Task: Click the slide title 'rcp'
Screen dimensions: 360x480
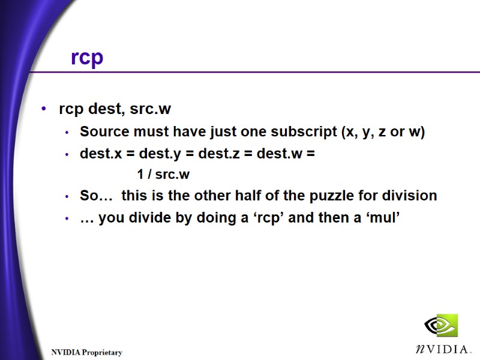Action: (x=87, y=58)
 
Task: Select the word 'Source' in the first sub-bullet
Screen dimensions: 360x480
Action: (x=102, y=132)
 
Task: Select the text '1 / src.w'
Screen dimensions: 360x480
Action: (x=163, y=175)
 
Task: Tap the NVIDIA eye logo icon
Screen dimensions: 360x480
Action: (x=440, y=326)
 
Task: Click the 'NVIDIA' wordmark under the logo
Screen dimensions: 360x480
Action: (x=442, y=349)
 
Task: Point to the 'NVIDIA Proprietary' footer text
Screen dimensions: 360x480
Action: (x=86, y=352)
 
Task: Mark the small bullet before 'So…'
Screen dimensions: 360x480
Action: (x=67, y=196)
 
